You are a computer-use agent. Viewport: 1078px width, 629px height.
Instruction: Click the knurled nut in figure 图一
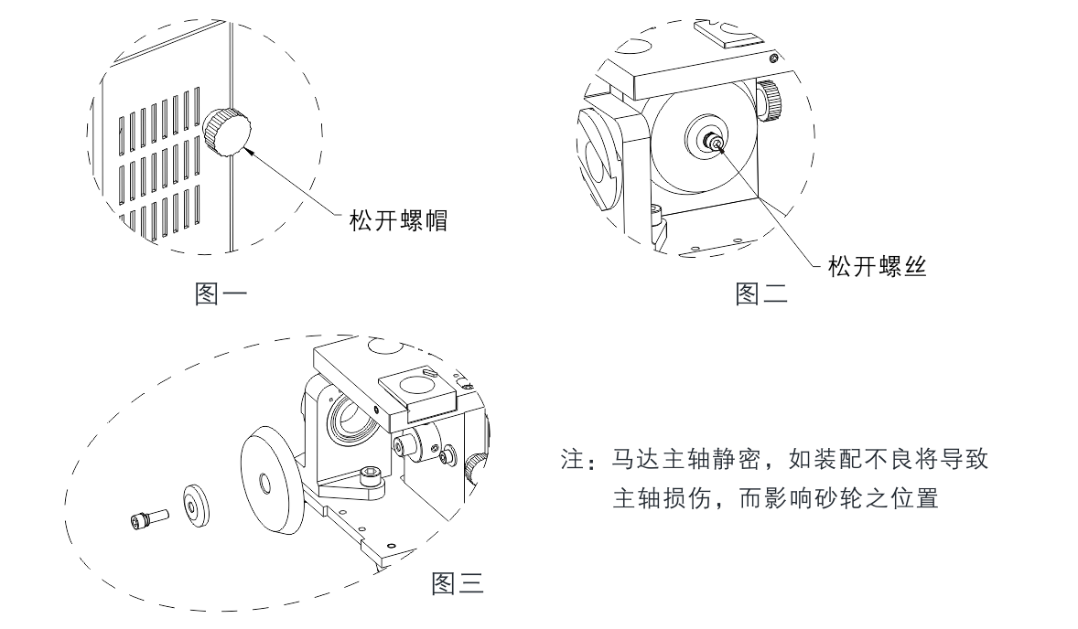click(x=228, y=132)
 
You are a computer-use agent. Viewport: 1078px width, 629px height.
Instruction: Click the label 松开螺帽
click(x=399, y=221)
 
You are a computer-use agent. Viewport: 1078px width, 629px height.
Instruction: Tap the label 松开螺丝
click(x=878, y=266)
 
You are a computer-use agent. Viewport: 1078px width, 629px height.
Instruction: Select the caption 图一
click(x=221, y=293)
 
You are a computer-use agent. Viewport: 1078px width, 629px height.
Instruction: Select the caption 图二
click(x=761, y=293)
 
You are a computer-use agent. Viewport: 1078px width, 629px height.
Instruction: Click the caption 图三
click(x=458, y=583)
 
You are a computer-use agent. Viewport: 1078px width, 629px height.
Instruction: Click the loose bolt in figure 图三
click(x=148, y=519)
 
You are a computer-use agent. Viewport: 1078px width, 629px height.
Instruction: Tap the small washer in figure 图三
click(x=196, y=506)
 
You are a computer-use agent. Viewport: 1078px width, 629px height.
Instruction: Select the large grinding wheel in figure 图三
click(x=269, y=482)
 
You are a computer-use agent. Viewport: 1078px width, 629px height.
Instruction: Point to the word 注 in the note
click(x=572, y=459)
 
